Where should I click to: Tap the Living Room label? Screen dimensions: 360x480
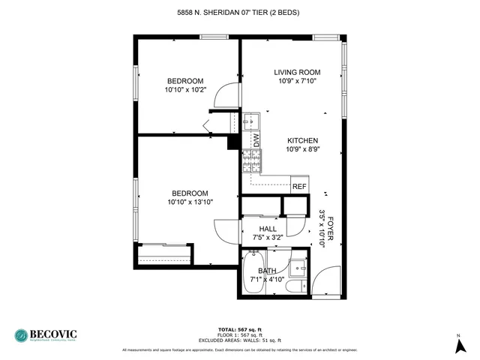[297, 72]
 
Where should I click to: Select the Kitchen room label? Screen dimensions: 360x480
[303, 140]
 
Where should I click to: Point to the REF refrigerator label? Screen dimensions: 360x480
[299, 186]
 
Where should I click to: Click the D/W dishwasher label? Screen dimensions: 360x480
[255, 140]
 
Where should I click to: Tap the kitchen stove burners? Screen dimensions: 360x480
[250, 160]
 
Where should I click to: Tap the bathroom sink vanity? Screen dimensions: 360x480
[299, 267]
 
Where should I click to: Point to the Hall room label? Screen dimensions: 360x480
[268, 229]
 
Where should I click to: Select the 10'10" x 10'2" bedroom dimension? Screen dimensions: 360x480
[184, 90]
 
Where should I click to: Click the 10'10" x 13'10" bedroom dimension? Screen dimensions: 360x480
[190, 201]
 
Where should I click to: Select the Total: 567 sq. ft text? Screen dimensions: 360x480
[240, 329]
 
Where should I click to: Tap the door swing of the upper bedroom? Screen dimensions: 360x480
[224, 96]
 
